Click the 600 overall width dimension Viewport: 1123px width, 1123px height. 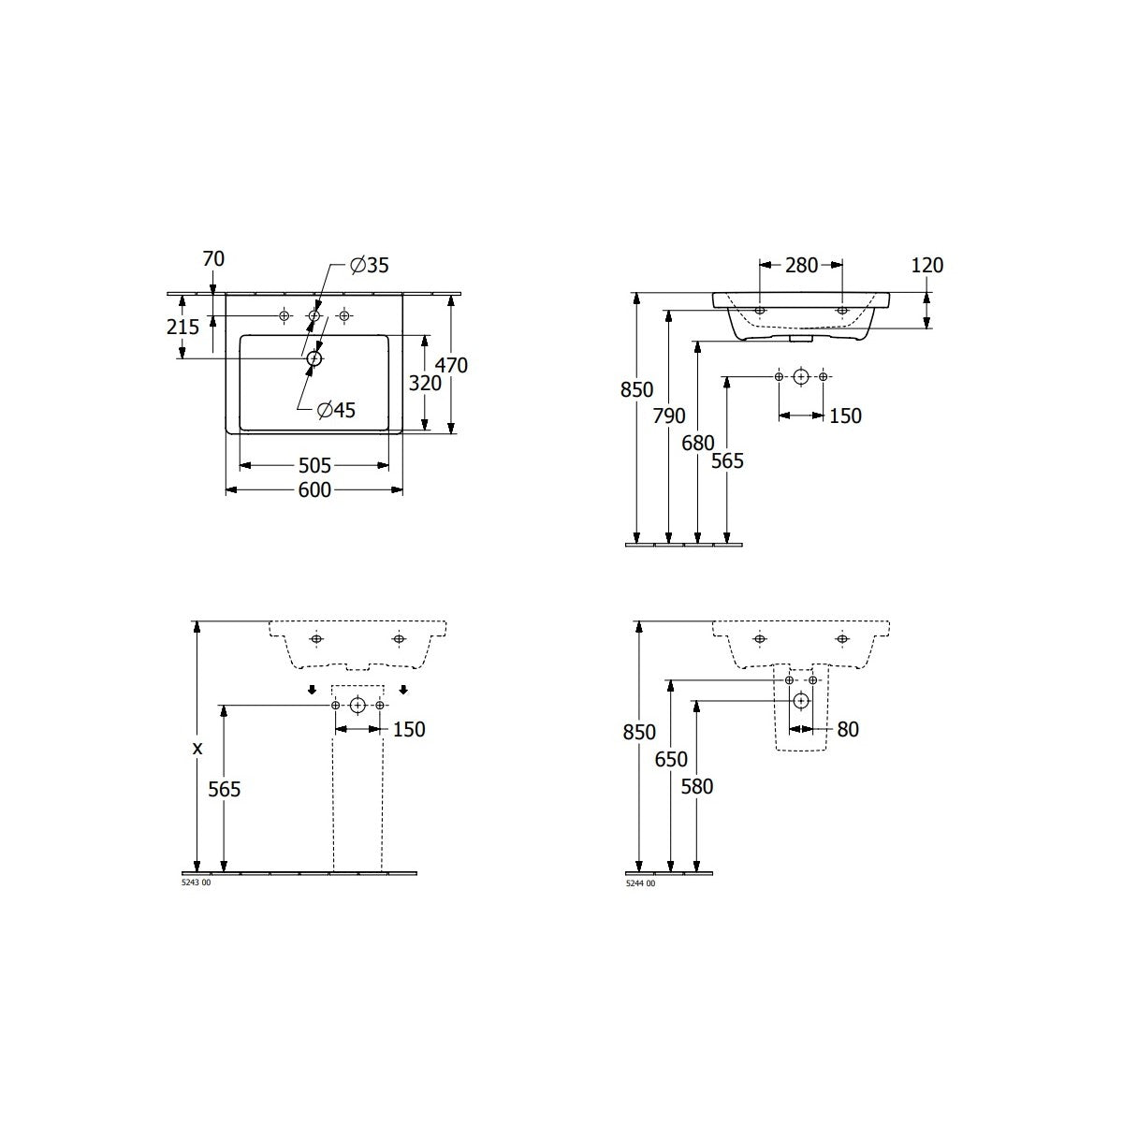(314, 490)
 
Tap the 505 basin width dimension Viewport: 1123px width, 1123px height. (314, 466)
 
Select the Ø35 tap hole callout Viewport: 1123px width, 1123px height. (370, 266)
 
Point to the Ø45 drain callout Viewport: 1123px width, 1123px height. (336, 410)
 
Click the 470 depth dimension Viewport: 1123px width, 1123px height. (452, 365)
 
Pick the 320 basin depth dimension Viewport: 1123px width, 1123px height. (425, 384)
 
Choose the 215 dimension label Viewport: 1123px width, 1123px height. (183, 327)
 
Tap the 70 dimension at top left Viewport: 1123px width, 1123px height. (213, 258)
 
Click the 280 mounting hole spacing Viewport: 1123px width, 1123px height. (801, 266)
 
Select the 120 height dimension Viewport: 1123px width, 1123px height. (926, 266)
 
